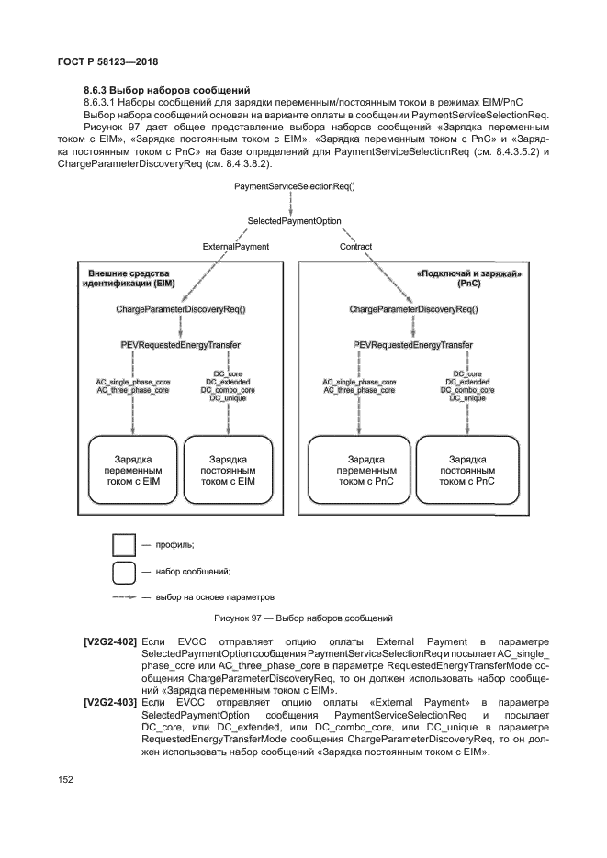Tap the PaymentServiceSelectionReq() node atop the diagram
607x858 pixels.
[295, 186]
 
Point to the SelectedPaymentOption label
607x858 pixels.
[295, 222]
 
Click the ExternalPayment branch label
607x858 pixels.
[237, 247]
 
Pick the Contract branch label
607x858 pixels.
[356, 247]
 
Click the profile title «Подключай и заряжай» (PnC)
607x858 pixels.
[463, 279]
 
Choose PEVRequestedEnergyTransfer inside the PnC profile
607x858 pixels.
[413, 345]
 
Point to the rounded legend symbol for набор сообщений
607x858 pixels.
[124, 571]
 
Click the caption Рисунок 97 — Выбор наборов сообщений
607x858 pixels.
[302, 618]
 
